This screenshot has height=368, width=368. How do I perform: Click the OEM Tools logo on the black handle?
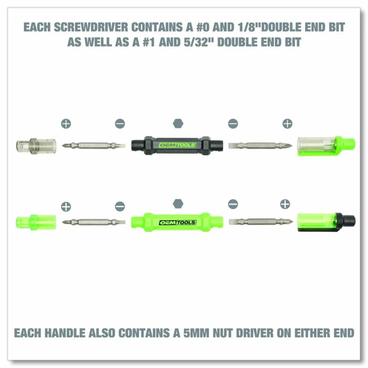click(x=177, y=145)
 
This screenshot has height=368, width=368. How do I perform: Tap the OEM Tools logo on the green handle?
click(x=178, y=222)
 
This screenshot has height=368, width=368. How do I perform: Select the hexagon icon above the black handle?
click(x=178, y=123)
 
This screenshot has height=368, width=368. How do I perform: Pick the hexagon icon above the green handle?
click(x=178, y=204)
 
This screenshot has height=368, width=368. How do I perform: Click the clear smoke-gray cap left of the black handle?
click(x=36, y=146)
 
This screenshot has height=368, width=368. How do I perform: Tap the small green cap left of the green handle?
click(x=36, y=222)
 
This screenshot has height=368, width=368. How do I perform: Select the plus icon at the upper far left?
click(x=66, y=124)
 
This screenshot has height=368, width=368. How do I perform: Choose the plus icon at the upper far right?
click(x=288, y=124)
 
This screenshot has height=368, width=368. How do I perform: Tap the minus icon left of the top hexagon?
click(x=120, y=124)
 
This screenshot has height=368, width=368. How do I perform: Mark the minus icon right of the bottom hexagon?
click(x=233, y=204)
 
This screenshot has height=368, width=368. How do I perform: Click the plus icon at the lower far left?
click(x=66, y=207)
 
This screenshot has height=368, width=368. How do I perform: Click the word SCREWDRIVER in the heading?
click(x=91, y=27)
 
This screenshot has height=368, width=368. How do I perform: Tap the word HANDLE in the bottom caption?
click(x=65, y=333)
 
